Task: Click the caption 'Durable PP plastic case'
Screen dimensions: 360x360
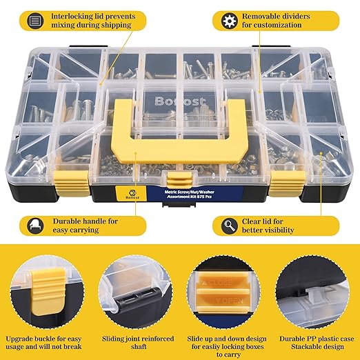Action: (314, 339)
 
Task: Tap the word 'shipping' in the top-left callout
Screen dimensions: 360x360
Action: (110, 26)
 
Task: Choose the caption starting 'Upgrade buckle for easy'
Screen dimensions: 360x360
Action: (46, 339)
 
